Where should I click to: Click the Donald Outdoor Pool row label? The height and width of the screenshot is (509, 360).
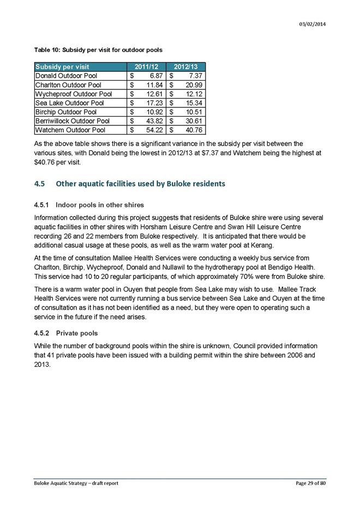[x=67, y=76]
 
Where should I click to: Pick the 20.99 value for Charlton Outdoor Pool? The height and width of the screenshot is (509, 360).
[x=193, y=85]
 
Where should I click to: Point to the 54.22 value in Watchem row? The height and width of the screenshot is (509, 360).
[x=153, y=130]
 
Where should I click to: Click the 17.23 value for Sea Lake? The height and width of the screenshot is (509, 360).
[x=153, y=103]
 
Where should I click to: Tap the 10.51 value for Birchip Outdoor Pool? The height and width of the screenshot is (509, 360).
[x=193, y=112]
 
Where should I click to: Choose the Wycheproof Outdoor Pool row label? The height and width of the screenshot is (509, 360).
[x=73, y=94]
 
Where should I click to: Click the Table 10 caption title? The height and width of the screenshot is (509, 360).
[x=98, y=50]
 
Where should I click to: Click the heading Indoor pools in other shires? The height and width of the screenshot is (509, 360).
[x=100, y=205]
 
